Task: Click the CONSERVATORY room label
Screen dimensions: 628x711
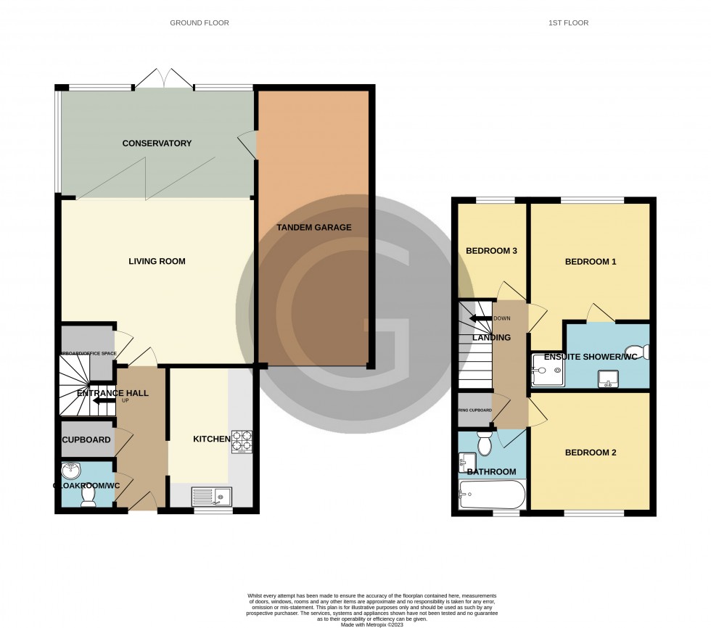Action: click(157, 144)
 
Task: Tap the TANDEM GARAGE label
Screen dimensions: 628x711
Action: click(313, 228)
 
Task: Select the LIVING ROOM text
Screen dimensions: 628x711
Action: click(157, 261)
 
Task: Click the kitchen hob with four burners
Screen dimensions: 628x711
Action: click(241, 442)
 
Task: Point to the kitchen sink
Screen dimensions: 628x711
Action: click(211, 497)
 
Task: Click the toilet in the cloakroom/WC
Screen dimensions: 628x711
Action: click(89, 495)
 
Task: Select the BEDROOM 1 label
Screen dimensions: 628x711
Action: click(591, 262)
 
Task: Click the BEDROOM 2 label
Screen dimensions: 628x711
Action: click(591, 453)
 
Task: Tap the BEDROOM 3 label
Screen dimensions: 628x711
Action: click(491, 252)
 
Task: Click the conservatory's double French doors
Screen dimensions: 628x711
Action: click(164, 78)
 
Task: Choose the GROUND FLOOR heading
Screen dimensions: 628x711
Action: click(200, 23)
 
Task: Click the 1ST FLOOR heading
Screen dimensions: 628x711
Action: click(568, 23)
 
